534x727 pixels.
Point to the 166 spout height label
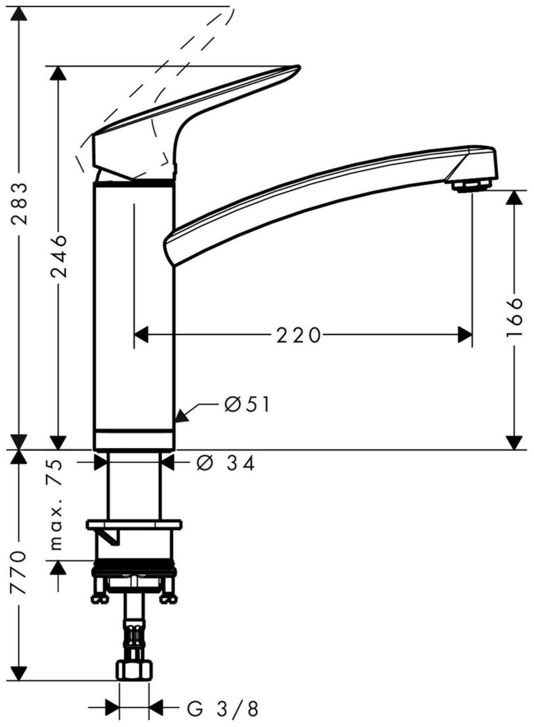[514, 316]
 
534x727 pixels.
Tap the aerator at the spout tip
[470, 187]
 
